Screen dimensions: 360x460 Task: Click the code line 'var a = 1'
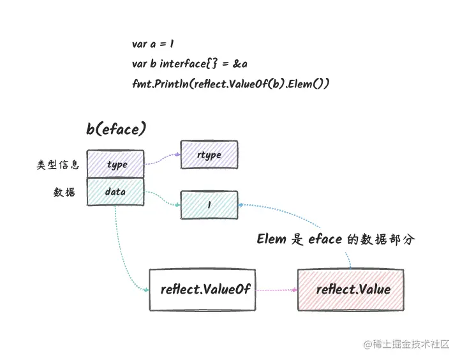153,44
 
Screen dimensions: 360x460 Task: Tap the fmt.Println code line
230,84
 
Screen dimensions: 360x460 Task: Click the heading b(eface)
116,129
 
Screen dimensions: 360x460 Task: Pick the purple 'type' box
115,164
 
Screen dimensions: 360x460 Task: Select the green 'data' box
115,192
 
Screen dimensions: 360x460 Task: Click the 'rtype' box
209,155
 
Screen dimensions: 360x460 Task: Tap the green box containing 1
209,204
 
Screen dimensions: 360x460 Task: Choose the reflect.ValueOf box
202,289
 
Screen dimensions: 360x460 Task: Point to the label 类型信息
58,165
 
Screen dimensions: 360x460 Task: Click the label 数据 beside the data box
64,192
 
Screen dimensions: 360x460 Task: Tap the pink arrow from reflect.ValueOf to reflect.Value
276,289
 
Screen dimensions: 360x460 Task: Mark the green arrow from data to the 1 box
162,199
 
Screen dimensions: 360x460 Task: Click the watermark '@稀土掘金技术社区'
406,345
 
